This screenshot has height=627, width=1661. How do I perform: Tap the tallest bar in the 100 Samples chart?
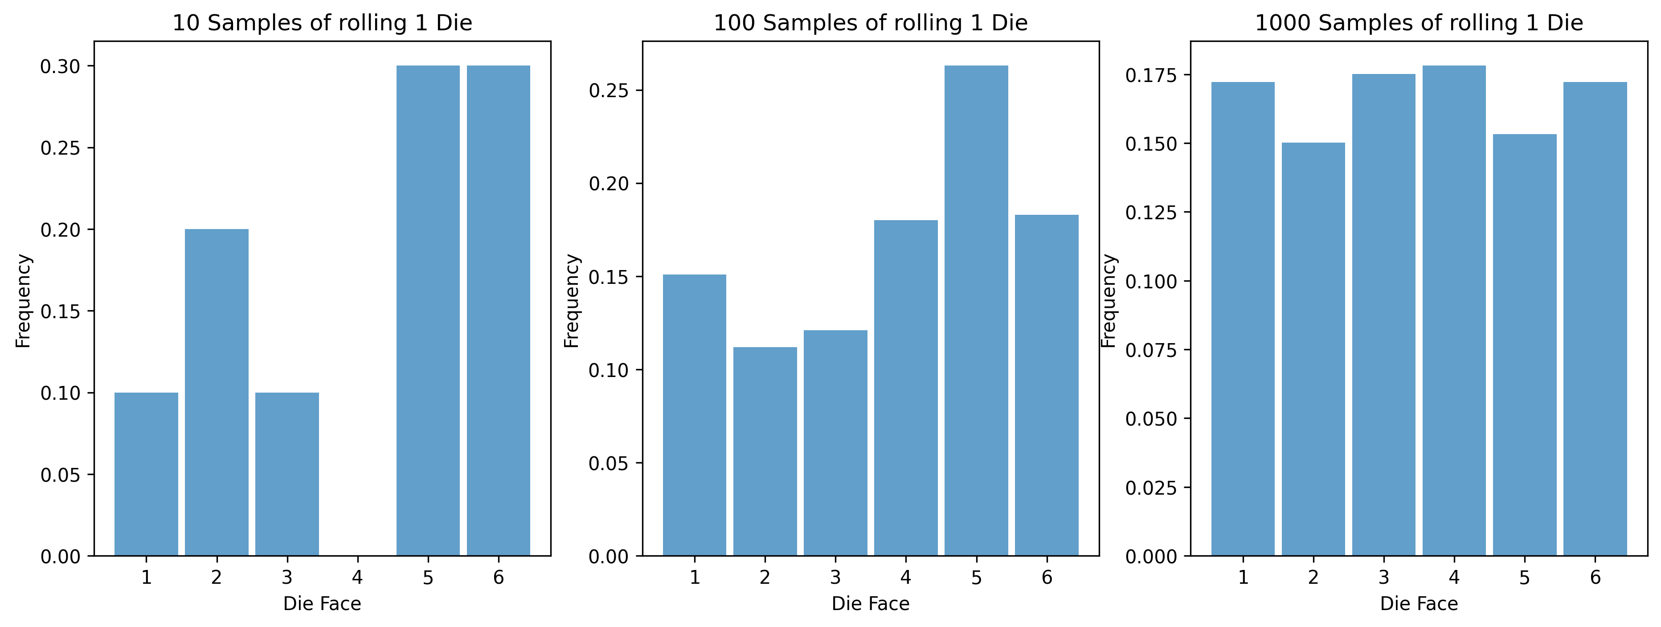[976, 310]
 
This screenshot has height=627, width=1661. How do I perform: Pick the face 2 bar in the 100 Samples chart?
[765, 451]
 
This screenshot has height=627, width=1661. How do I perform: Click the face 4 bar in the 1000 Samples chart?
[1454, 310]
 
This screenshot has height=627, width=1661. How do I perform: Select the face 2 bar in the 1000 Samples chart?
[1313, 349]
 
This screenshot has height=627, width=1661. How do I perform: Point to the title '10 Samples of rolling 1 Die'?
[323, 23]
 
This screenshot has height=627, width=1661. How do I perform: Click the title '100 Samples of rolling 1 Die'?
[871, 23]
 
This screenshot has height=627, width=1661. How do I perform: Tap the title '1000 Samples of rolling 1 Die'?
[1419, 23]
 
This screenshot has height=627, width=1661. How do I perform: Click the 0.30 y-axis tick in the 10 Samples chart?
[60, 66]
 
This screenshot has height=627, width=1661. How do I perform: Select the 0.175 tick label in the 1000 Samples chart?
[1150, 75]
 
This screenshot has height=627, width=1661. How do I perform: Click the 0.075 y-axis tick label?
[1150, 350]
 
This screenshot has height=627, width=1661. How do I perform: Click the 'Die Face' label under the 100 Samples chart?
[871, 604]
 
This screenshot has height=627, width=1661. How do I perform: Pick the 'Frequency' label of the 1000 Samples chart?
[1109, 301]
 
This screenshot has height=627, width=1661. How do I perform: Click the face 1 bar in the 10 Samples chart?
[147, 474]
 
